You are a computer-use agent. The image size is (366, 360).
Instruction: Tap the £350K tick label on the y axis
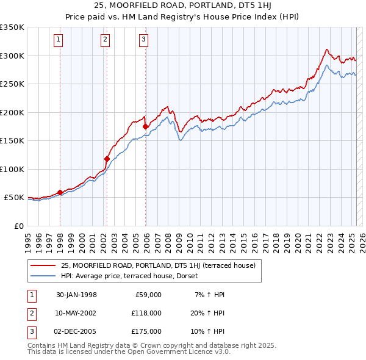[x=12, y=27]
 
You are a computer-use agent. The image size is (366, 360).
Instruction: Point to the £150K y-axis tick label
[x=12, y=140]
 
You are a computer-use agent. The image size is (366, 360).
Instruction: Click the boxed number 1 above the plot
[x=58, y=40]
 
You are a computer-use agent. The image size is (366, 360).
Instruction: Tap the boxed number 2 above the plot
[x=105, y=40]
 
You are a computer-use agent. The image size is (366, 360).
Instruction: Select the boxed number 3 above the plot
[x=143, y=40]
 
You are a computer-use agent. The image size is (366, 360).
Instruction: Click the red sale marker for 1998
[x=60, y=192]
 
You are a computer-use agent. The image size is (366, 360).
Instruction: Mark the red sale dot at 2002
[x=107, y=159]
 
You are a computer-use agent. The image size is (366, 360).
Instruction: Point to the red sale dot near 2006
[x=145, y=127]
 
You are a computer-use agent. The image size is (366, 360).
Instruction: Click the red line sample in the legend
[x=43, y=265]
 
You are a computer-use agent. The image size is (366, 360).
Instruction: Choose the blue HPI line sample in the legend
[x=43, y=276]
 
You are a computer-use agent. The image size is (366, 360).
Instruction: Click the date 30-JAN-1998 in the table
[x=76, y=295]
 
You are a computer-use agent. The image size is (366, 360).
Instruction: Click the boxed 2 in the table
[x=31, y=313]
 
